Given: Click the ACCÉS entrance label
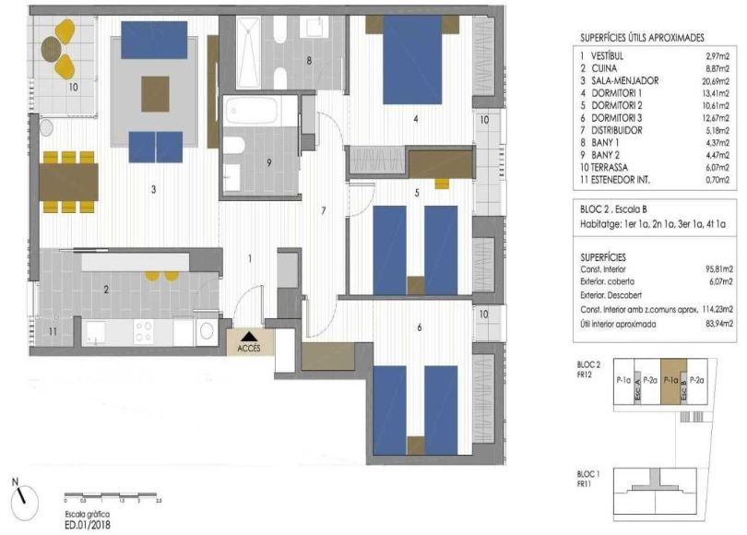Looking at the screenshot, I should click(248, 349).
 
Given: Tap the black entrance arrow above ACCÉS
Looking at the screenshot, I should click(248, 336).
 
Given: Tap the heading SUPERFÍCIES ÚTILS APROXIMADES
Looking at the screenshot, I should click(642, 38).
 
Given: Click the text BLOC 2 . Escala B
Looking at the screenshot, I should click(619, 210).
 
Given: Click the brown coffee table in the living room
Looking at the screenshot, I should click(155, 92).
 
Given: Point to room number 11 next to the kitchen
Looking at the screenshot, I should click(52, 329).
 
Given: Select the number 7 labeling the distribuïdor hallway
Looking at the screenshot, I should click(324, 211).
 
